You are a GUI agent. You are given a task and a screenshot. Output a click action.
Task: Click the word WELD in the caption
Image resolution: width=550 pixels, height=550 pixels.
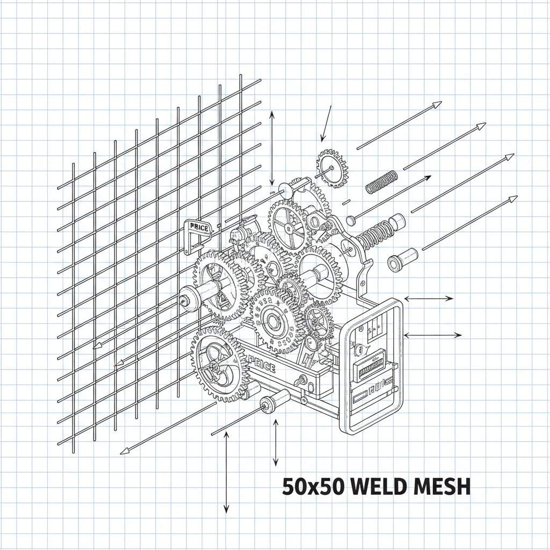coord(377,487)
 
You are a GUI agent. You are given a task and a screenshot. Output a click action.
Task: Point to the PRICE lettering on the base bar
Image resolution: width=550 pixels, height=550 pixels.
coord(262,367)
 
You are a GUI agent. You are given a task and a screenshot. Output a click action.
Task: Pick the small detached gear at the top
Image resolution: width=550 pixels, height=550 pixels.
coord(332,169)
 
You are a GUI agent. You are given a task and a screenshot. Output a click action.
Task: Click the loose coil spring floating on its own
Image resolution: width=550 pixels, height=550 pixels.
coord(381,182)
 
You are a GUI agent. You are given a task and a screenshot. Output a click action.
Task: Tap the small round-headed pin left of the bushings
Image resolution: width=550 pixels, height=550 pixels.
coord(351,220)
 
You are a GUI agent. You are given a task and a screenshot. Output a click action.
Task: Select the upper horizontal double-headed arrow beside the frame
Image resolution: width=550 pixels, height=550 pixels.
coord(429,299)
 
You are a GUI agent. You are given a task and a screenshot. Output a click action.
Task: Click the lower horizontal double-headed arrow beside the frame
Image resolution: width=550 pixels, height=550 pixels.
coord(432,335)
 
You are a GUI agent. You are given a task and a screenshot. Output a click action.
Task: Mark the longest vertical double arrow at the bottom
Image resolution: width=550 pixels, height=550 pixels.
coord(226,473)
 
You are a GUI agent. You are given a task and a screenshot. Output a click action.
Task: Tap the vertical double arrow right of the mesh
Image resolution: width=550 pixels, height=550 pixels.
coord(272,148)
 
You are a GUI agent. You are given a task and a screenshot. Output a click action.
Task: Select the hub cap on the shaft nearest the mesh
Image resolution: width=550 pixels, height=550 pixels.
coord(188,298)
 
